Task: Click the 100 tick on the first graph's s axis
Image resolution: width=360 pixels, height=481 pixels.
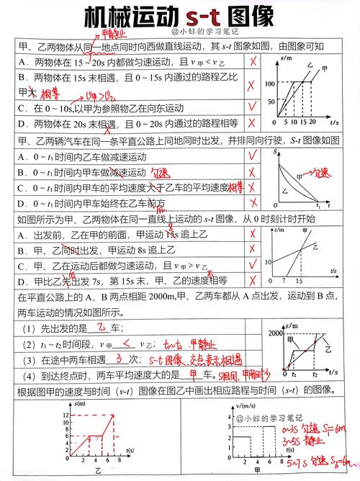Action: (x=270, y=84)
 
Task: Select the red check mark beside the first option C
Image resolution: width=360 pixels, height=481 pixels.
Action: (x=252, y=108)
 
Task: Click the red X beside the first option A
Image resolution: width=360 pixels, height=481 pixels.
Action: (x=252, y=62)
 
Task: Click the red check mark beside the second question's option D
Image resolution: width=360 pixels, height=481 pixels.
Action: (x=252, y=204)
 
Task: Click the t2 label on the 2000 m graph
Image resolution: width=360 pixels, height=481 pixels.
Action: (x=315, y=375)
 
